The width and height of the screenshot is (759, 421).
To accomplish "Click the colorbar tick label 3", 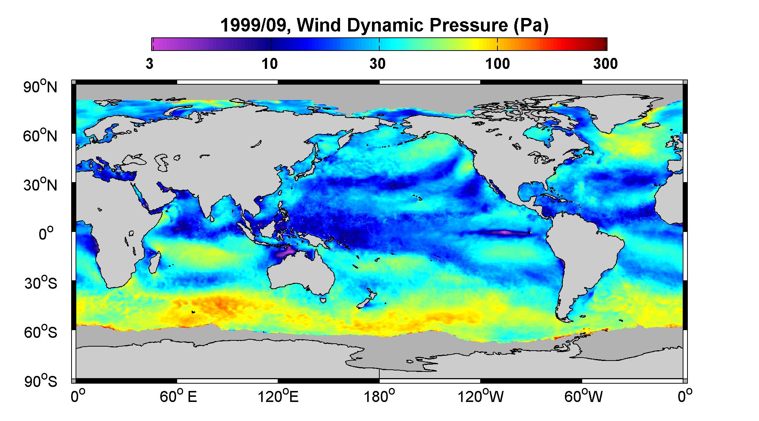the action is pos(150,64).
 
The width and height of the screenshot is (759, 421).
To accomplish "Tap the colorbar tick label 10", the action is pos(270,64).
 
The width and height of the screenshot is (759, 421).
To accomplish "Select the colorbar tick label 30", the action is pos(378,64).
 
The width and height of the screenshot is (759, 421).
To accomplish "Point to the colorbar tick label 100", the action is pos(497,64).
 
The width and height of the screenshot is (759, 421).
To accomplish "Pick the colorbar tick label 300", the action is pos(605,64).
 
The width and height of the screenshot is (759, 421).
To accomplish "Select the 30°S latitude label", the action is pos(40,283).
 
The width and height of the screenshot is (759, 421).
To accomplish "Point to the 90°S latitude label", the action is pos(40,381).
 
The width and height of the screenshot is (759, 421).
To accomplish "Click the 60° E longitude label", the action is pos(178,396).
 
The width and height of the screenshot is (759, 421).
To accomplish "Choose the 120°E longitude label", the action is pos(278,396).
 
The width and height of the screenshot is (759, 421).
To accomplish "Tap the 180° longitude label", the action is pos(379,396).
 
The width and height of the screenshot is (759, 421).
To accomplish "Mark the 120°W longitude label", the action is pos(481,396).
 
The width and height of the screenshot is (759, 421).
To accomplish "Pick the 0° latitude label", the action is pos(46,234).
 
